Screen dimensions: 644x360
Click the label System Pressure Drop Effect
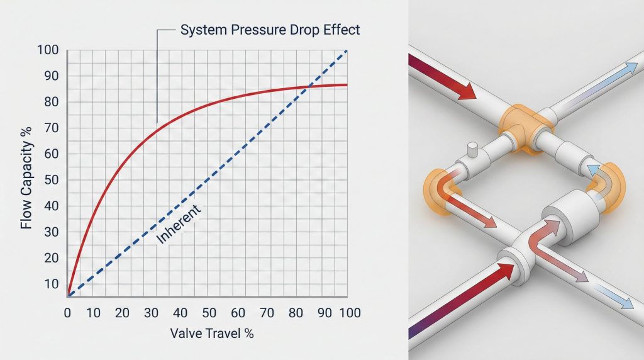[270, 30]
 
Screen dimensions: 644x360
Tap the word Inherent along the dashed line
[179, 224]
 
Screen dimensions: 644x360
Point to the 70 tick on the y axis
[52, 128]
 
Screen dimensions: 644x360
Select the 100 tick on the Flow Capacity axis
[48, 50]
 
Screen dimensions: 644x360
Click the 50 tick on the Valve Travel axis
[209, 313]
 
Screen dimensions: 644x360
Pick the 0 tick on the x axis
[67, 313]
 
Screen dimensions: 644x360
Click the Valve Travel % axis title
[212, 334]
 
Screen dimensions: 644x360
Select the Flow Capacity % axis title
[26, 177]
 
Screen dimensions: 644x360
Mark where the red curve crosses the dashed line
[309, 86]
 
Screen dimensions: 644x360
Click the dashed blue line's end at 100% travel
[347, 50]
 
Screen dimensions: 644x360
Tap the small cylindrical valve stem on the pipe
[472, 149]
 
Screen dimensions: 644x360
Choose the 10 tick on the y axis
[52, 284]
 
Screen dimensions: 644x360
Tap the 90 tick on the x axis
[325, 313]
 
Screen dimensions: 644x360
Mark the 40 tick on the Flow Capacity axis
[52, 206]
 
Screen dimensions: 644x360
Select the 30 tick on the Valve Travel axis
[151, 313]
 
